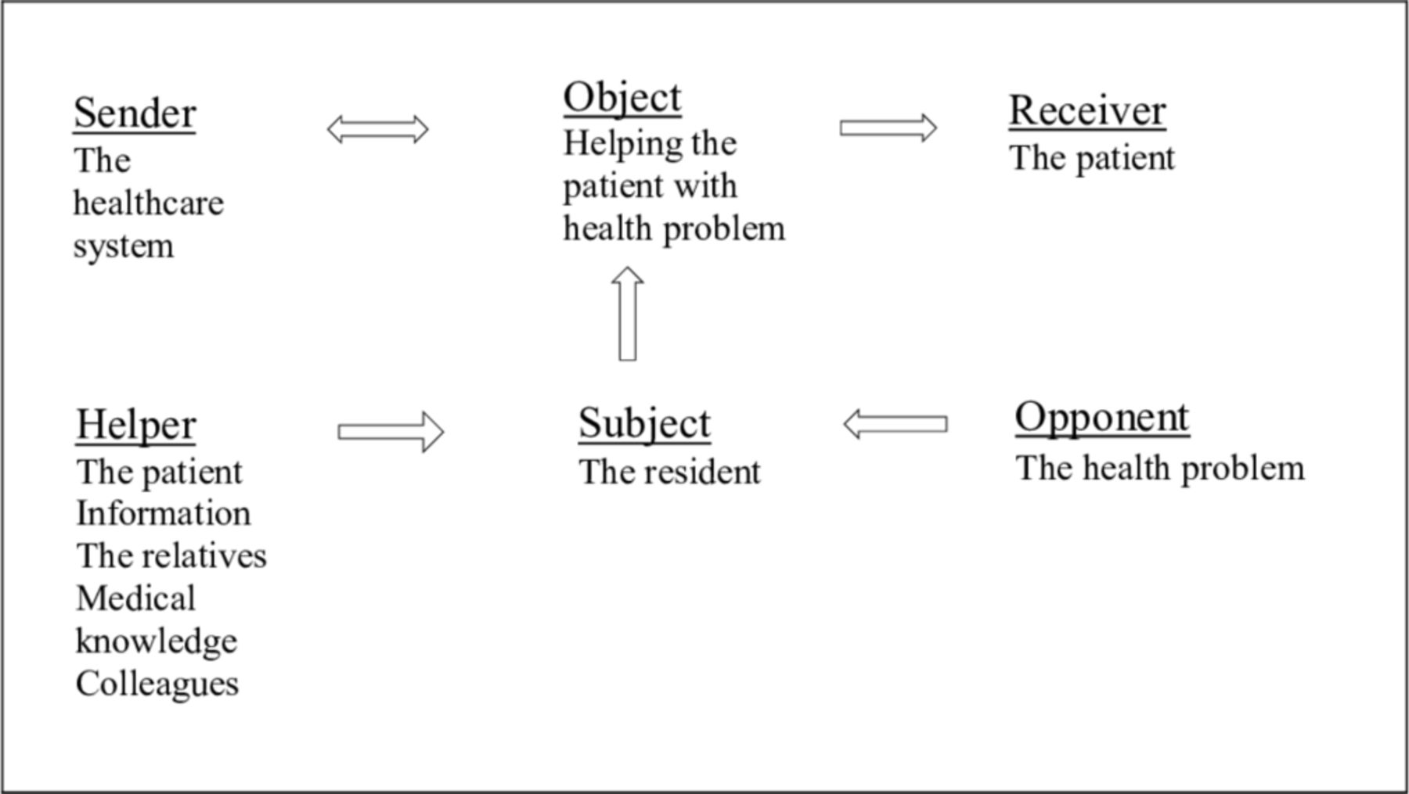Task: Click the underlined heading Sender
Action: point(135,113)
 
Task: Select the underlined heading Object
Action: point(622,99)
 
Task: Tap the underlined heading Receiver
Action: point(1087,110)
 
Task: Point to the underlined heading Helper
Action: point(136,426)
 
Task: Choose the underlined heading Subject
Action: point(644,425)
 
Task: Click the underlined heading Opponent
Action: point(1102,419)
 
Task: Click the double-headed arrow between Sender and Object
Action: point(378,129)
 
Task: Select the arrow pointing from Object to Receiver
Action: point(888,128)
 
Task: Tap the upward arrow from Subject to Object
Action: point(627,314)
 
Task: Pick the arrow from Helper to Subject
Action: point(391,432)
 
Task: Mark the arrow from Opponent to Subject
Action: point(895,424)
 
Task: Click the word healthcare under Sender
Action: point(149,203)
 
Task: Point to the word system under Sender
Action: point(124,247)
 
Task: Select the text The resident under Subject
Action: point(669,472)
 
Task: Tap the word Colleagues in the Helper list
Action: point(157,684)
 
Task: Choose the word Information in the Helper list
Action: point(164,514)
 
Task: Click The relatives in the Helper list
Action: point(171,556)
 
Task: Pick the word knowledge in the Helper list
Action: point(157,641)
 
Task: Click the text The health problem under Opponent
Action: point(1160,469)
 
